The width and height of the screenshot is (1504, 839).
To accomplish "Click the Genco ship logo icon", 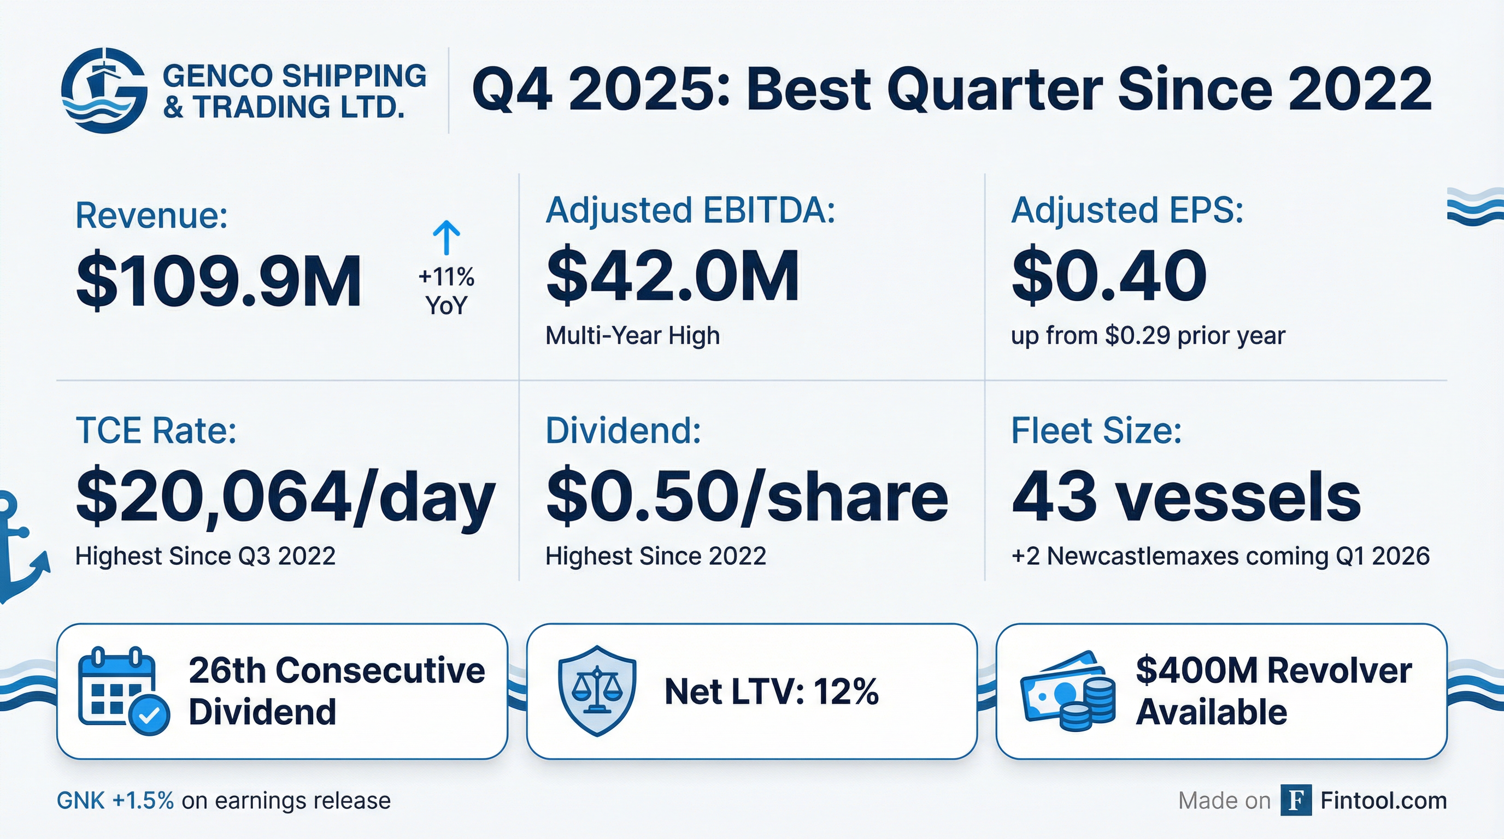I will click(x=104, y=91).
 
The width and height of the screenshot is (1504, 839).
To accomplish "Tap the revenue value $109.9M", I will click(x=219, y=282).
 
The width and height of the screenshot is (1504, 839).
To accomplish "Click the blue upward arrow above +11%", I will click(x=446, y=238).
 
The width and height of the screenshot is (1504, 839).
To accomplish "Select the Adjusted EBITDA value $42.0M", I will click(x=672, y=276).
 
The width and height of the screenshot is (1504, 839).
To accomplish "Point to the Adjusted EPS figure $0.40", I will click(x=1109, y=276).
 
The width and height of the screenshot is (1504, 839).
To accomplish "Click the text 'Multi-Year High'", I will click(x=632, y=335).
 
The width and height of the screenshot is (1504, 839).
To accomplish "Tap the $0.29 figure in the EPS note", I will click(x=1137, y=335).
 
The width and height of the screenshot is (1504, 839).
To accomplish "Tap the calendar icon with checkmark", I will click(x=123, y=691).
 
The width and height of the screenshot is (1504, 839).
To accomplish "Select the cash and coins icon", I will click(x=1068, y=692).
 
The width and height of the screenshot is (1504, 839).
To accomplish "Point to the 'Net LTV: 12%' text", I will click(x=771, y=692).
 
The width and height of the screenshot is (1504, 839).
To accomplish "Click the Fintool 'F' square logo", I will click(x=1296, y=800).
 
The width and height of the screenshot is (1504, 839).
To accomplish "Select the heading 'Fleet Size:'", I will click(x=1096, y=431).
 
